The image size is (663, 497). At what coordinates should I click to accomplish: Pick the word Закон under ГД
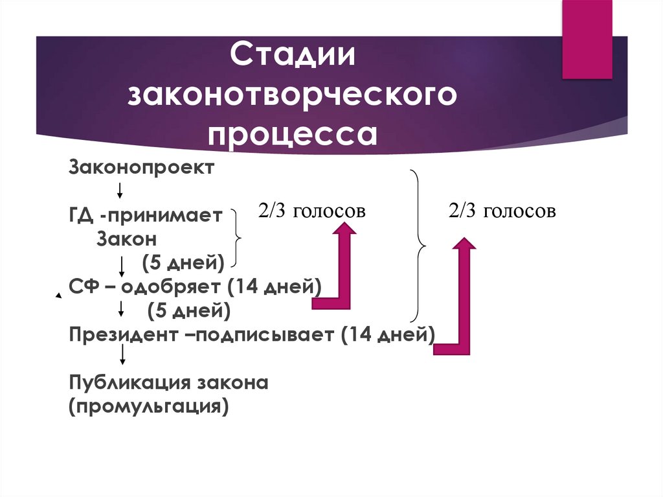tap(127, 238)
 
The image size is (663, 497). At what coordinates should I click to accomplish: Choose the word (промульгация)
tap(149, 406)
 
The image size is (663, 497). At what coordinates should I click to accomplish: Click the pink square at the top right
tap(587, 39)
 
